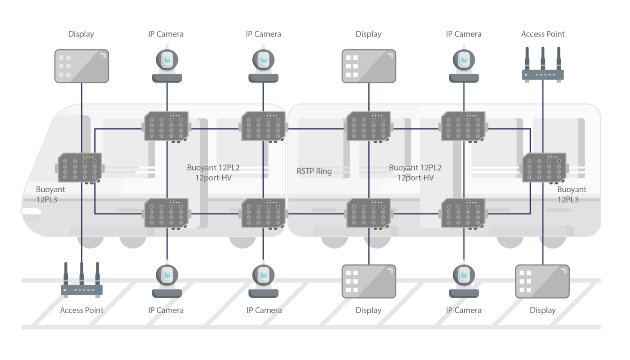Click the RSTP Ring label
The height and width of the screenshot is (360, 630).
pos(314,171)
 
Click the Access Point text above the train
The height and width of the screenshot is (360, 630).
pos(543,34)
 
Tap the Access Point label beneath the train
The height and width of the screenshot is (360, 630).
pos(82,310)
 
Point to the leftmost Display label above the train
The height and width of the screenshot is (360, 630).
pos(81,34)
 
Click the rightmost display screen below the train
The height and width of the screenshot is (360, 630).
pos(542,281)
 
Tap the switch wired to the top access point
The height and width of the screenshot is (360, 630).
pos(544,167)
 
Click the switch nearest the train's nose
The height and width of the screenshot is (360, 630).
pos(80,167)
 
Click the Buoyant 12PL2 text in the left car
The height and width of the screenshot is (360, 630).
pos(213,167)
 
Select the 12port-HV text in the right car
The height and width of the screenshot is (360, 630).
pos(415,178)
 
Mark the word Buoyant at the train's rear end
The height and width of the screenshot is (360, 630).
pos(571,189)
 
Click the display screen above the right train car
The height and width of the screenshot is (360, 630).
pos(369,66)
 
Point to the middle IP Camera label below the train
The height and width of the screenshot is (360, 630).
pos(264,310)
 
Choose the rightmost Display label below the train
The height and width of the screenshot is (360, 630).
pos(542,310)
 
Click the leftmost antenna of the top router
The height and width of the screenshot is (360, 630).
pos(527,57)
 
